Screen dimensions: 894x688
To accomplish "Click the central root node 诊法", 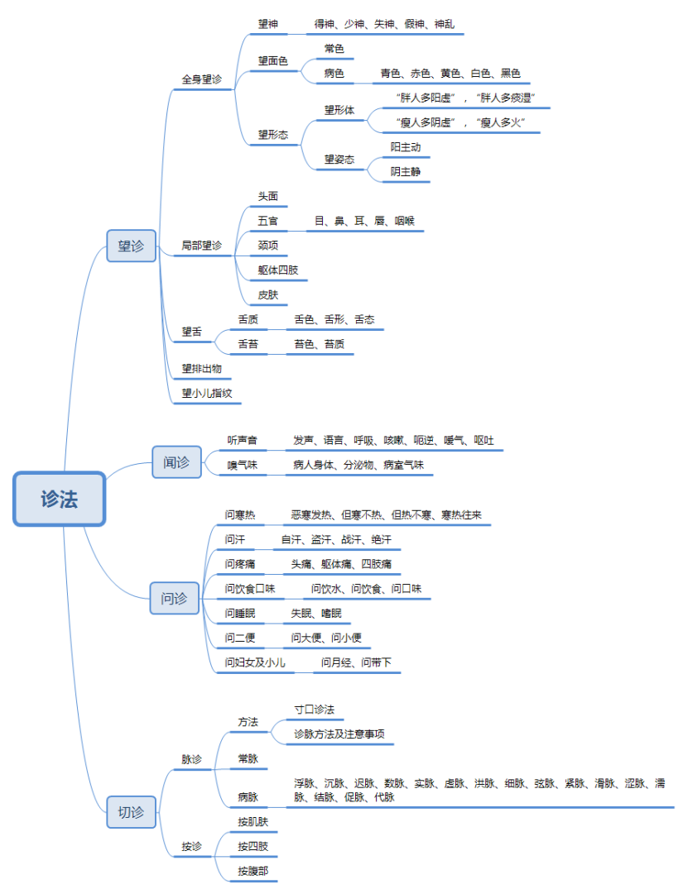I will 60,499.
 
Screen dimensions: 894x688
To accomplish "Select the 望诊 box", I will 131,246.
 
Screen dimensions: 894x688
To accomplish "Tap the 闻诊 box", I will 176,461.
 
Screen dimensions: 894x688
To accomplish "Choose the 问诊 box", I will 174,598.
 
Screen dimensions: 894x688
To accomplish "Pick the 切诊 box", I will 131,812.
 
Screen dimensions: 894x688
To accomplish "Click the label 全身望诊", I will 202,79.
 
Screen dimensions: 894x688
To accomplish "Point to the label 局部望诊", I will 202,246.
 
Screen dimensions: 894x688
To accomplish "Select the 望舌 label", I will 192,332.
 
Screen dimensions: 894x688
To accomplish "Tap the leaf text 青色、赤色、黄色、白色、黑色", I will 450,74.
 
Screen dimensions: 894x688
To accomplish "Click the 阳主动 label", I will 406,147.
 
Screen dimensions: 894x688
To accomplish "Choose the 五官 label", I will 268,222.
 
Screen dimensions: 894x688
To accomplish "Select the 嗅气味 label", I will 243,466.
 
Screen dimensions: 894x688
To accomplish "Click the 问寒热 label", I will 239,514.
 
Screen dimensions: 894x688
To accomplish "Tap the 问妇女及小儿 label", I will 255,662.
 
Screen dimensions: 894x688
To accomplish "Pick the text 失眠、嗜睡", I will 315,614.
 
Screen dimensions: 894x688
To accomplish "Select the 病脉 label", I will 248,797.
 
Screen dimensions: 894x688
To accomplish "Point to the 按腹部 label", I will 253,871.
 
